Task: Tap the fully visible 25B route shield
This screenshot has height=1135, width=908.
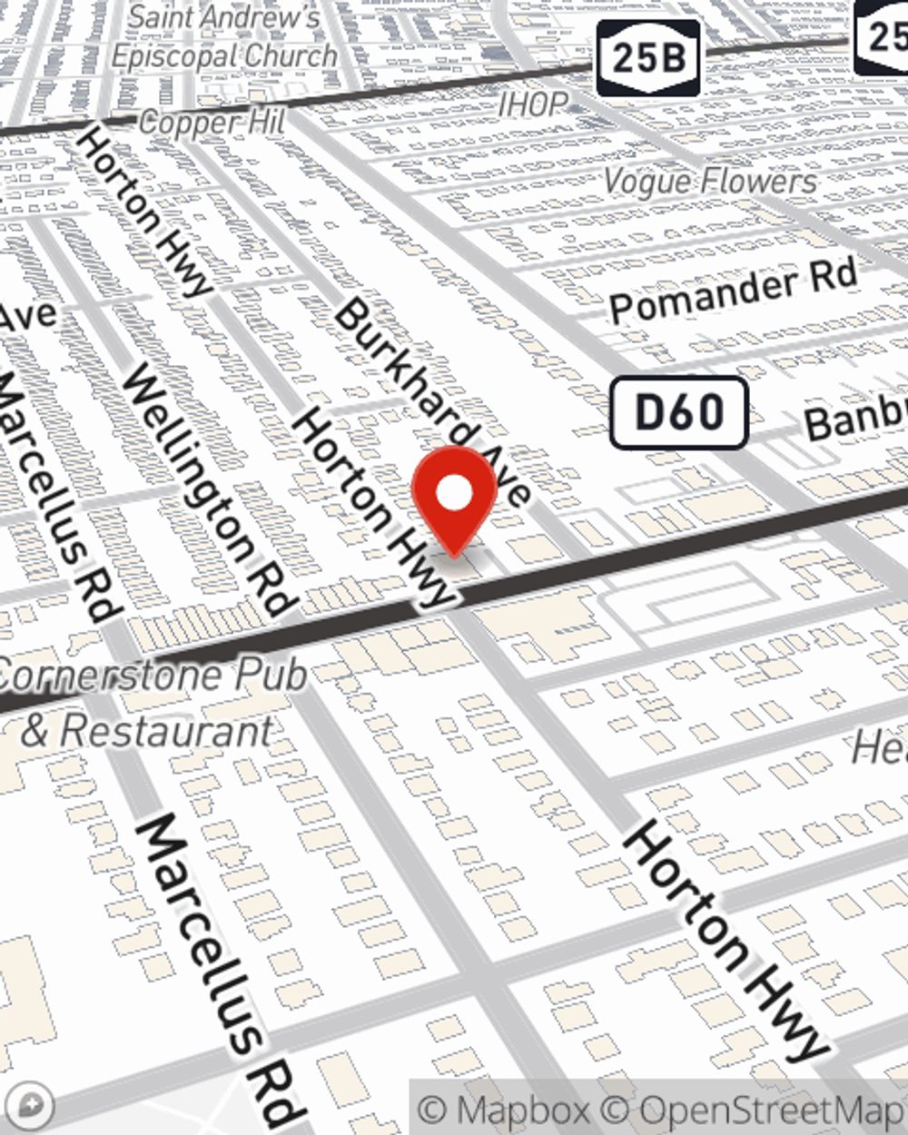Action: coord(648,58)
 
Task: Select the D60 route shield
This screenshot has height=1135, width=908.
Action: coord(678,413)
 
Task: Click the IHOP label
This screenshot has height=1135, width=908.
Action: coord(533,104)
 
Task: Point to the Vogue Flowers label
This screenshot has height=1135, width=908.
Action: coord(710,182)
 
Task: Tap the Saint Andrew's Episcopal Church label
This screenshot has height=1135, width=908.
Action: coord(223,37)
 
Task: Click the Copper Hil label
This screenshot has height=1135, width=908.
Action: coord(212,123)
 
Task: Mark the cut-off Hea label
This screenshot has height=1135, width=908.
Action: coord(879,747)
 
